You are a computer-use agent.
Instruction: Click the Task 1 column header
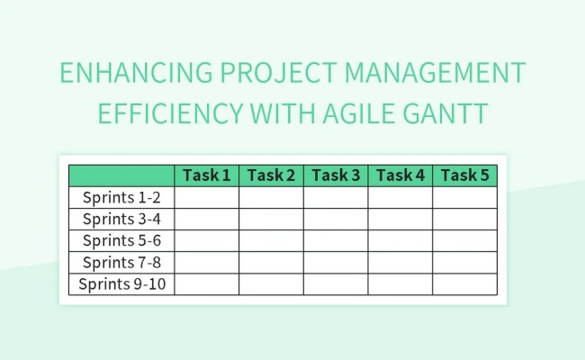point(207,175)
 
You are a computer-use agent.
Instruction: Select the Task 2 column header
point(272,175)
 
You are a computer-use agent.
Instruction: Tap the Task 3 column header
point(336,175)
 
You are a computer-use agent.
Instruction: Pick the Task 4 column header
point(400,175)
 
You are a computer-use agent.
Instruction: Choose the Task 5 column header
point(464,175)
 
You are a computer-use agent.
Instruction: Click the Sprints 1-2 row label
point(121,197)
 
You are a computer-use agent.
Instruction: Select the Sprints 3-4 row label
point(121,219)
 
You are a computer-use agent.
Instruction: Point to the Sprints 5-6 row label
point(121,240)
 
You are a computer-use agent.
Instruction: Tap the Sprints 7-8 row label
point(121,262)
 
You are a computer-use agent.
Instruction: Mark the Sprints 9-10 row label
point(121,284)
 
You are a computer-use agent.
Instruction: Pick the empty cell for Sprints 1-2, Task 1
point(207,197)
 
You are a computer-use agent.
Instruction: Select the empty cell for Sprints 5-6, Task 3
point(336,240)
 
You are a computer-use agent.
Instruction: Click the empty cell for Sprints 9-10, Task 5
point(464,284)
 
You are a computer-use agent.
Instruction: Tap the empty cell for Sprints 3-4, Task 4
point(400,219)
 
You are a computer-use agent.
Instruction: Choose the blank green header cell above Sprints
point(121,175)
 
